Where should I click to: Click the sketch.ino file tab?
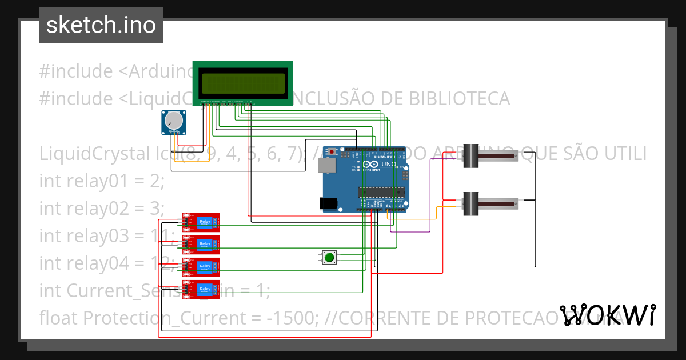tap(101, 25)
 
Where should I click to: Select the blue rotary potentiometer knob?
tap(173, 121)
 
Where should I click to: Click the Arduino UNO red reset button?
tap(332, 152)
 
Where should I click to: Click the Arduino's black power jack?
tap(327, 203)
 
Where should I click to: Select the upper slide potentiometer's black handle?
tap(470, 156)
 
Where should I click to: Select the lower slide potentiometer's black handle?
tap(470, 203)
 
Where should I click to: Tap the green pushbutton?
tap(329, 258)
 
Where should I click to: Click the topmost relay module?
tap(201, 222)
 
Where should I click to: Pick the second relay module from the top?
tap(201, 244)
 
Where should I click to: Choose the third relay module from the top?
tap(201, 267)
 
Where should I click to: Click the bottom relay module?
tap(201, 289)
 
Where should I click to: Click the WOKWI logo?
tap(608, 315)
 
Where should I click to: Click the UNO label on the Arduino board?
tap(389, 164)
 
